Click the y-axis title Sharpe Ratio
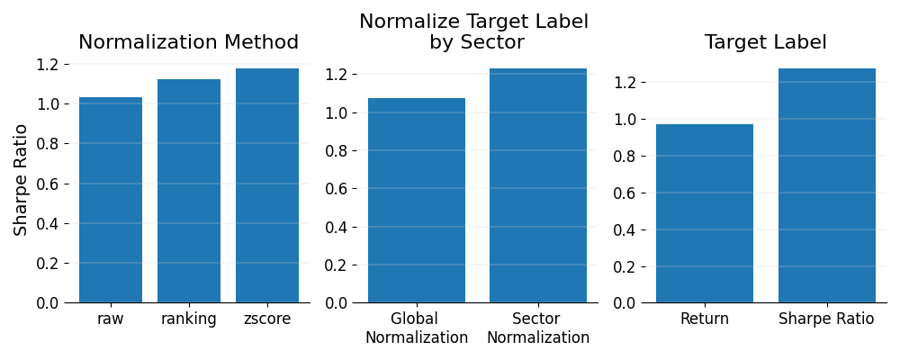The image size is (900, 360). coord(22,180)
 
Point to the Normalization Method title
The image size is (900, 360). coord(189,42)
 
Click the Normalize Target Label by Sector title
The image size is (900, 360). coord(474,32)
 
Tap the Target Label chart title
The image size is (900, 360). coord(766,42)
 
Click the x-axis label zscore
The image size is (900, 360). coord(267,319)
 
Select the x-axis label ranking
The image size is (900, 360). coord(189,319)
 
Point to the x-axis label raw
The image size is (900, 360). coord(111,319)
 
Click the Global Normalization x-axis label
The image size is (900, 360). coord(417,328)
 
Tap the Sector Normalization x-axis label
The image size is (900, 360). coord(538,328)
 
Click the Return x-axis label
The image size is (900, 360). coord(705,319)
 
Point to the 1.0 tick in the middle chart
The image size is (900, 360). coord(335,112)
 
